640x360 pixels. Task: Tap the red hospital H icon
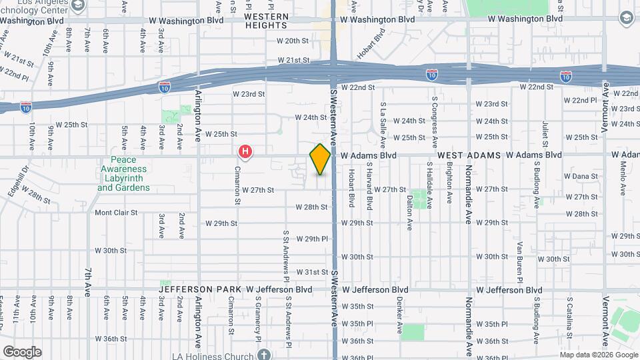[x=245, y=153]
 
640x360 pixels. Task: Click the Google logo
[x=22, y=351]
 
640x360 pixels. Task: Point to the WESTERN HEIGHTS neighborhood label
[x=266, y=21]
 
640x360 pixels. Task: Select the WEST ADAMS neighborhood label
[x=469, y=155]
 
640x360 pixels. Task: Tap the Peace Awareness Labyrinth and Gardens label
[x=124, y=174]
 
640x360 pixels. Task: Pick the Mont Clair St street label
[x=115, y=213]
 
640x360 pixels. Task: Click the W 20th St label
[x=294, y=41]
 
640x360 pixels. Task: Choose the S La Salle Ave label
[x=383, y=120]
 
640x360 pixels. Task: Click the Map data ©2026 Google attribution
[x=597, y=355]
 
